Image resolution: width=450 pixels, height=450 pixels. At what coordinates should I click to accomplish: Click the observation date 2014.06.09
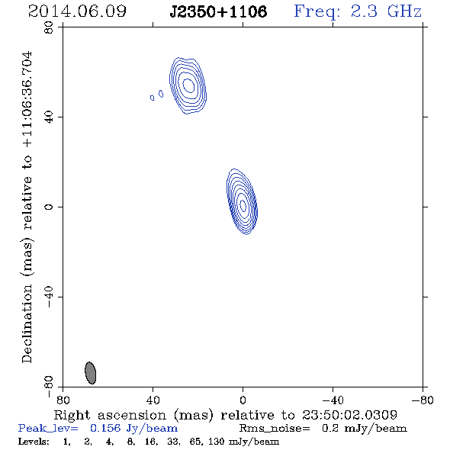coord(77,11)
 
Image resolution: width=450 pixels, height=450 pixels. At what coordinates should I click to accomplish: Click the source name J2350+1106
coord(218,11)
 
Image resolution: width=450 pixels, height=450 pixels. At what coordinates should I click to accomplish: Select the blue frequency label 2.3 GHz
coord(386,11)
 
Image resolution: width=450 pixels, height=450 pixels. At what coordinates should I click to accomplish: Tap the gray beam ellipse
coord(91,373)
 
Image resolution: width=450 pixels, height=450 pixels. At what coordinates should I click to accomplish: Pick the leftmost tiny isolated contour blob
coord(152,98)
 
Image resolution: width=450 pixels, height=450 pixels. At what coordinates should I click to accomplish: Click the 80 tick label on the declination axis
coord(49,27)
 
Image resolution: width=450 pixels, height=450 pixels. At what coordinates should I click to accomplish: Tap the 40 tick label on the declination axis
coord(49,117)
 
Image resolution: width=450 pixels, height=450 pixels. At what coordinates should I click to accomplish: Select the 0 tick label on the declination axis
coord(49,207)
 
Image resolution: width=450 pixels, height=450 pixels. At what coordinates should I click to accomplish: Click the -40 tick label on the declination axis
coord(49,297)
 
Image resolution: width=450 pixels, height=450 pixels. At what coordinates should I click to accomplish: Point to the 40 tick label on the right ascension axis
coord(153,400)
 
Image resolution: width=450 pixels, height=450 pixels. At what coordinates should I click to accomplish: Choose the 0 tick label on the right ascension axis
coord(243,400)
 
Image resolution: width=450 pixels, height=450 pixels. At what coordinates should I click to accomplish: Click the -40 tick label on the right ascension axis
coord(333,400)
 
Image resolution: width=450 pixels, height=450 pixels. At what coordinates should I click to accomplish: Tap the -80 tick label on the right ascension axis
coord(423,400)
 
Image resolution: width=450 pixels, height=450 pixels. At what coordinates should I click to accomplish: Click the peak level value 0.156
coord(105,428)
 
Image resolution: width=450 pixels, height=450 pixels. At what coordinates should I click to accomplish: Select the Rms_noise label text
coord(275,429)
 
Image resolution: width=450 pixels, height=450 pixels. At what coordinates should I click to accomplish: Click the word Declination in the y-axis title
coord(27,324)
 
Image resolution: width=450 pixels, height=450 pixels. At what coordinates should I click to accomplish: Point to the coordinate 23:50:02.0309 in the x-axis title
coord(349,415)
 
